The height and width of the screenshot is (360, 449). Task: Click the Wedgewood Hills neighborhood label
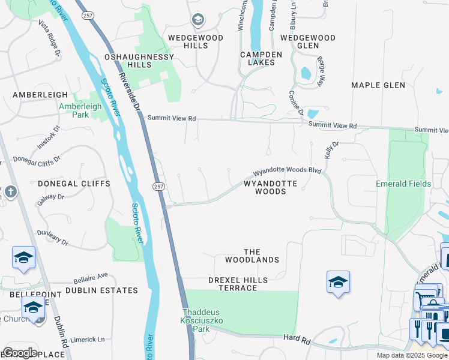196,41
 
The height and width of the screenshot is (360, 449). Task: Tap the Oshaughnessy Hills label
139,61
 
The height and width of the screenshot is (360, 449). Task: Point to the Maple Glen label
378,85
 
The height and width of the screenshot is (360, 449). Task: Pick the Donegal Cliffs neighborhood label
74,184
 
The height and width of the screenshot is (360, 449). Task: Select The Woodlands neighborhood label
252,256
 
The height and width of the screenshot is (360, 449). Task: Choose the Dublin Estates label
101,290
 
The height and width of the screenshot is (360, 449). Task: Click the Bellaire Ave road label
91,278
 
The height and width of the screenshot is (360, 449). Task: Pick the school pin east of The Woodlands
339,282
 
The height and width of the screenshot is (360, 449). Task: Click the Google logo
20,353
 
